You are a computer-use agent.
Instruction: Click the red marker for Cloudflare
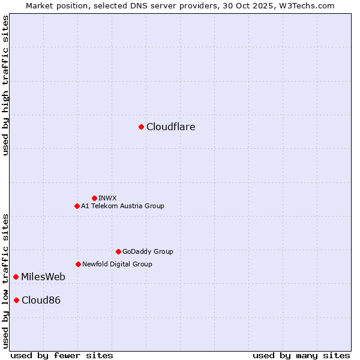(x=141, y=127)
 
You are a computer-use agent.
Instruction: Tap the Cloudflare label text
(x=171, y=127)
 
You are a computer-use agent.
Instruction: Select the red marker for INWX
(x=94, y=198)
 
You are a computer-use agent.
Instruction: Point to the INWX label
(x=108, y=198)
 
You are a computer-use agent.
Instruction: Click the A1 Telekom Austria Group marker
(x=77, y=206)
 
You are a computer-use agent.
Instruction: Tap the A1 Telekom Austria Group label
(x=122, y=206)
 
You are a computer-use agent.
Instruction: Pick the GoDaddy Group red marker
(x=118, y=251)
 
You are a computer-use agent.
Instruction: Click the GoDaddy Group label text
(x=148, y=251)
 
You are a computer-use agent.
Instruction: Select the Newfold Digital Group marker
(x=78, y=264)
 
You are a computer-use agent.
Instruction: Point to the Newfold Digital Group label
(x=117, y=264)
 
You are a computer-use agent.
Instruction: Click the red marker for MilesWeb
(x=16, y=277)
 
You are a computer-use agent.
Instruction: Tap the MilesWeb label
(x=43, y=277)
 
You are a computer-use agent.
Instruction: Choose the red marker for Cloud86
(x=16, y=300)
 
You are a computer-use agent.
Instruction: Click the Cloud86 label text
(x=41, y=300)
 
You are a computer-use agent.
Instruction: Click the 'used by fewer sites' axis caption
(x=62, y=355)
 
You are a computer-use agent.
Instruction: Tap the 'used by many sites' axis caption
(x=301, y=355)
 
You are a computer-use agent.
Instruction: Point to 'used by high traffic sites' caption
(x=5, y=85)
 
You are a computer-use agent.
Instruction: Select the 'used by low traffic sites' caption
(x=5, y=280)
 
